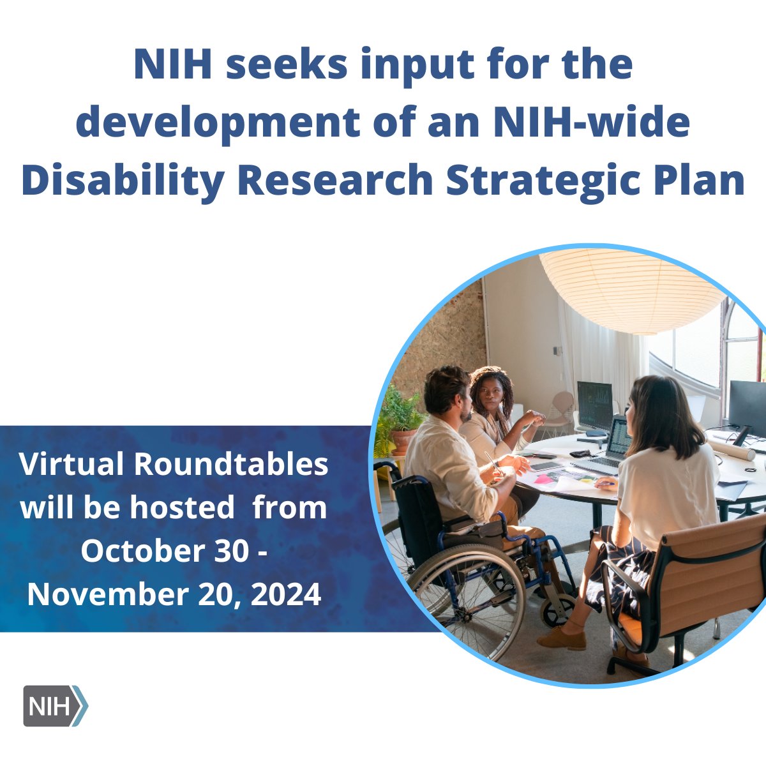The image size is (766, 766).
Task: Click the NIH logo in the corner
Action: point(55,705)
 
